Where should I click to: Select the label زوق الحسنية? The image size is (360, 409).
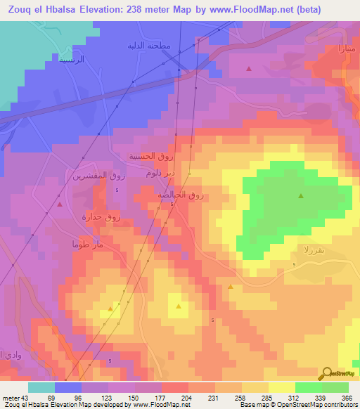coord(146,156)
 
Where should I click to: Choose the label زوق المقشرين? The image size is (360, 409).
coord(99,176)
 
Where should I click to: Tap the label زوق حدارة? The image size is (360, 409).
coord(102,217)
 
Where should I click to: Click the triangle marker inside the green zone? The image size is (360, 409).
coord(301,196)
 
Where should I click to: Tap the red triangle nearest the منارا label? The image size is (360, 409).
coord(250,68)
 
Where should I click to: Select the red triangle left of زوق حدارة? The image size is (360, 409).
coord(59,204)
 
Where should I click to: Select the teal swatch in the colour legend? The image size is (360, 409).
coord(41,387)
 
